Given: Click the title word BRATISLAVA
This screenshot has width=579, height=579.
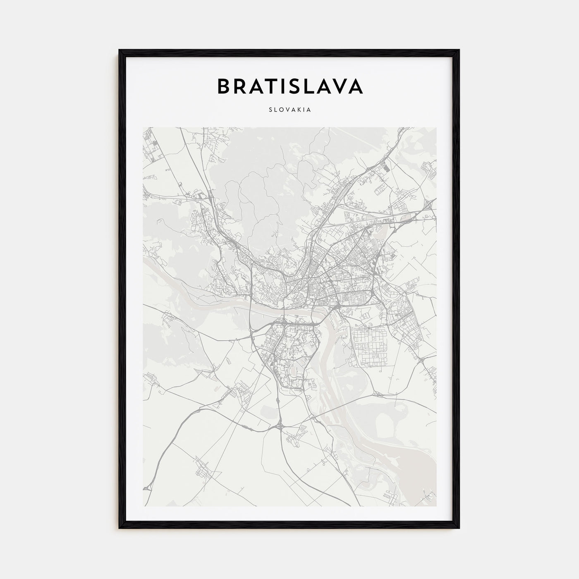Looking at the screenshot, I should (289, 86).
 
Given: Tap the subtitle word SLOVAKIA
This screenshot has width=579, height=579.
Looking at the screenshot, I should (289, 110).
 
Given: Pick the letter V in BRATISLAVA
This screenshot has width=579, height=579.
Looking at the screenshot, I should (339, 86).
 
